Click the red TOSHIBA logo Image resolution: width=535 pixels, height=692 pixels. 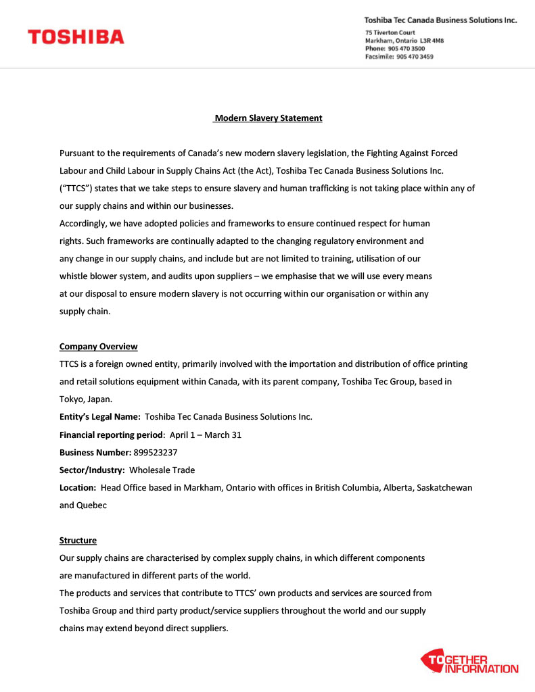[76, 37]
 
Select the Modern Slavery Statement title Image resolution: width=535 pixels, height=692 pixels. [268, 118]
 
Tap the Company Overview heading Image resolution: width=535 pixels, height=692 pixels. [98, 347]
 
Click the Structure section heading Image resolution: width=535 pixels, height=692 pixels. [78, 541]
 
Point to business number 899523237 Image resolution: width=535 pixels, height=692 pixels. [156, 452]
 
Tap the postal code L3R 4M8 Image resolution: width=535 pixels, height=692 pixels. [432, 41]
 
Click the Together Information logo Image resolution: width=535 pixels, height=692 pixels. [470, 662]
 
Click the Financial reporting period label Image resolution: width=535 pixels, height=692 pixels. [111, 435]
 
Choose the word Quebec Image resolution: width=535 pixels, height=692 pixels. [92, 505]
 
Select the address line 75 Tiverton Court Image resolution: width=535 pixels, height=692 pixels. [390, 32]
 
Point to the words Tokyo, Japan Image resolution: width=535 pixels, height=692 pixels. [86, 399]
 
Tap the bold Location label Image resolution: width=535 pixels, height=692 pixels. [77, 487]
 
